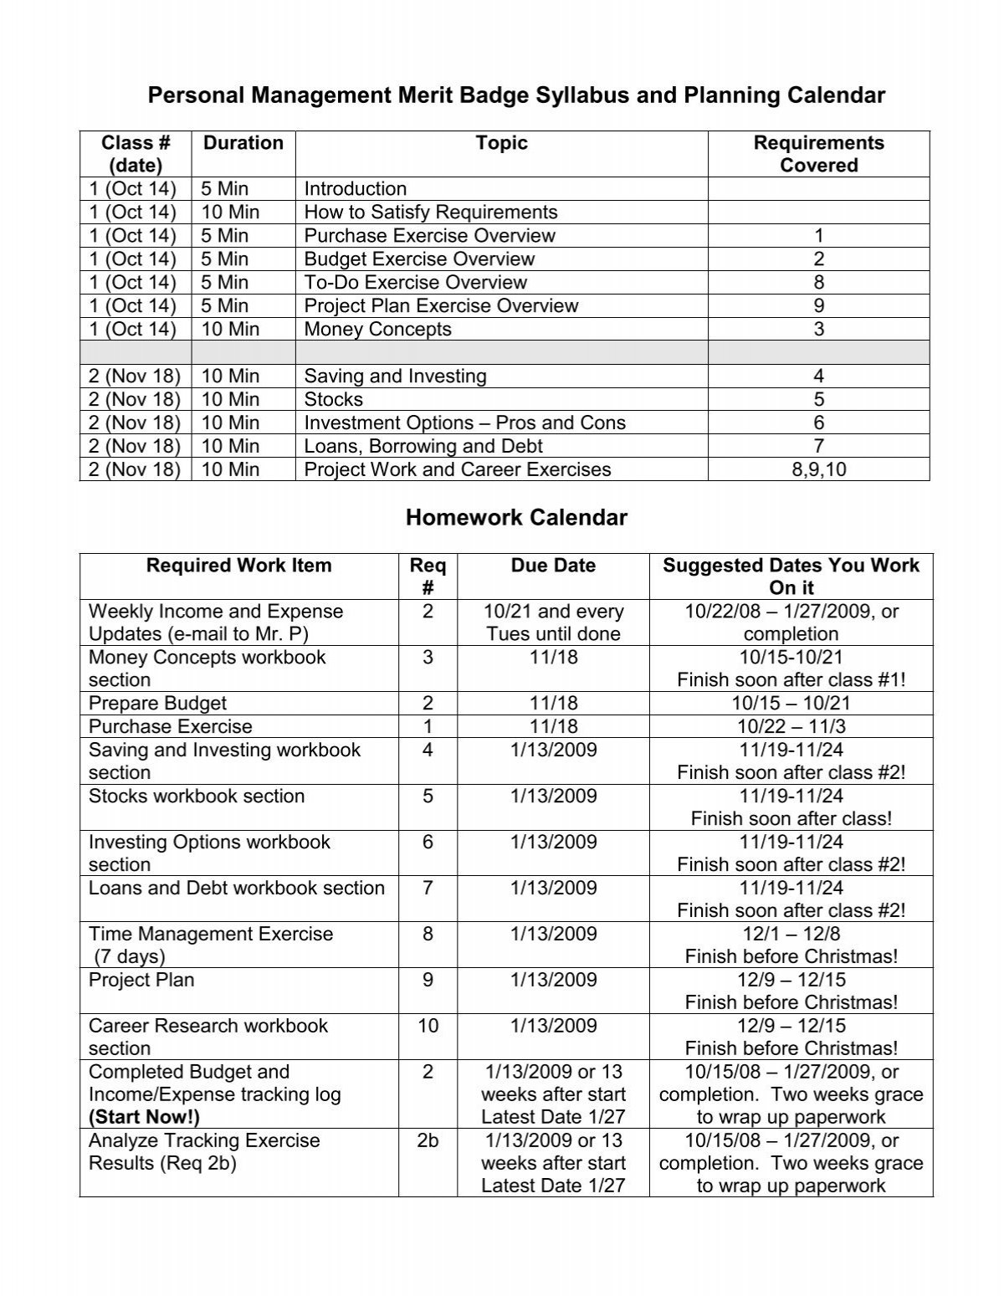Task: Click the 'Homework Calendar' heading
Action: click(x=516, y=518)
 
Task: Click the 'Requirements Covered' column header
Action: click(x=818, y=154)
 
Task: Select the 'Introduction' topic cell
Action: click(x=355, y=189)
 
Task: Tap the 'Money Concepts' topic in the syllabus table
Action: click(x=377, y=330)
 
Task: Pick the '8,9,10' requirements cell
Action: click(x=818, y=470)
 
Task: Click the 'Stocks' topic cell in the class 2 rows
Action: click(x=333, y=400)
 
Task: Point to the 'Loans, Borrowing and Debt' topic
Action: click(x=423, y=447)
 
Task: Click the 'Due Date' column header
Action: click(x=553, y=566)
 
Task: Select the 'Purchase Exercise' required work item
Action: click(x=170, y=727)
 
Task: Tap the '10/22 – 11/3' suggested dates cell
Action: click(x=791, y=727)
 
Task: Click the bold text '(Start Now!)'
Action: click(x=144, y=1117)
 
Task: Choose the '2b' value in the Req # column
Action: click(x=428, y=1140)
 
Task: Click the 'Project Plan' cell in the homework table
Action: click(x=141, y=980)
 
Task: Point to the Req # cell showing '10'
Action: click(x=428, y=1026)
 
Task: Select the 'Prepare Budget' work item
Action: click(x=157, y=704)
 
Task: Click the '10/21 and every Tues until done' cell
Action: click(x=553, y=622)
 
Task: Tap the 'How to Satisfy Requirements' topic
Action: click(x=431, y=213)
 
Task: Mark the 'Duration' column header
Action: click(x=243, y=143)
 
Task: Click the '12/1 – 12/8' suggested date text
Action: click(x=791, y=934)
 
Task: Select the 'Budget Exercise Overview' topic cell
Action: click(x=419, y=259)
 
